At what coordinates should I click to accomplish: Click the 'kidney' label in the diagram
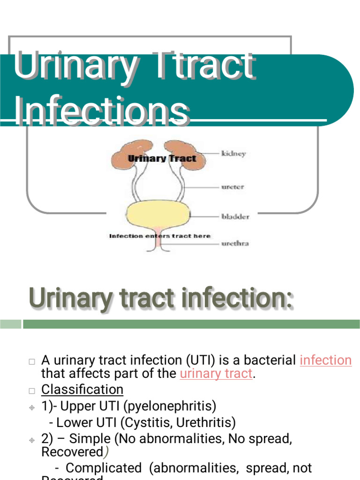(x=233, y=154)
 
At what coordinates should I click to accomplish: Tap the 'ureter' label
(x=233, y=187)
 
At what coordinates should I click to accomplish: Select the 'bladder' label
(x=235, y=217)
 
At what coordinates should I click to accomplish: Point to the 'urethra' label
(x=235, y=243)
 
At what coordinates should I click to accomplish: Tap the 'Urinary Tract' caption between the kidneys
(x=162, y=158)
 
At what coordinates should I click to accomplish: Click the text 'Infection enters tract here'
(x=160, y=236)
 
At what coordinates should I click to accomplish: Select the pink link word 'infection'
(x=325, y=360)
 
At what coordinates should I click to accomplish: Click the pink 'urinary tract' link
(x=216, y=374)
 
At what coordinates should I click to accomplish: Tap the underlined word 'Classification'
(x=82, y=389)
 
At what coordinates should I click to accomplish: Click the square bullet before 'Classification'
(x=32, y=390)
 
